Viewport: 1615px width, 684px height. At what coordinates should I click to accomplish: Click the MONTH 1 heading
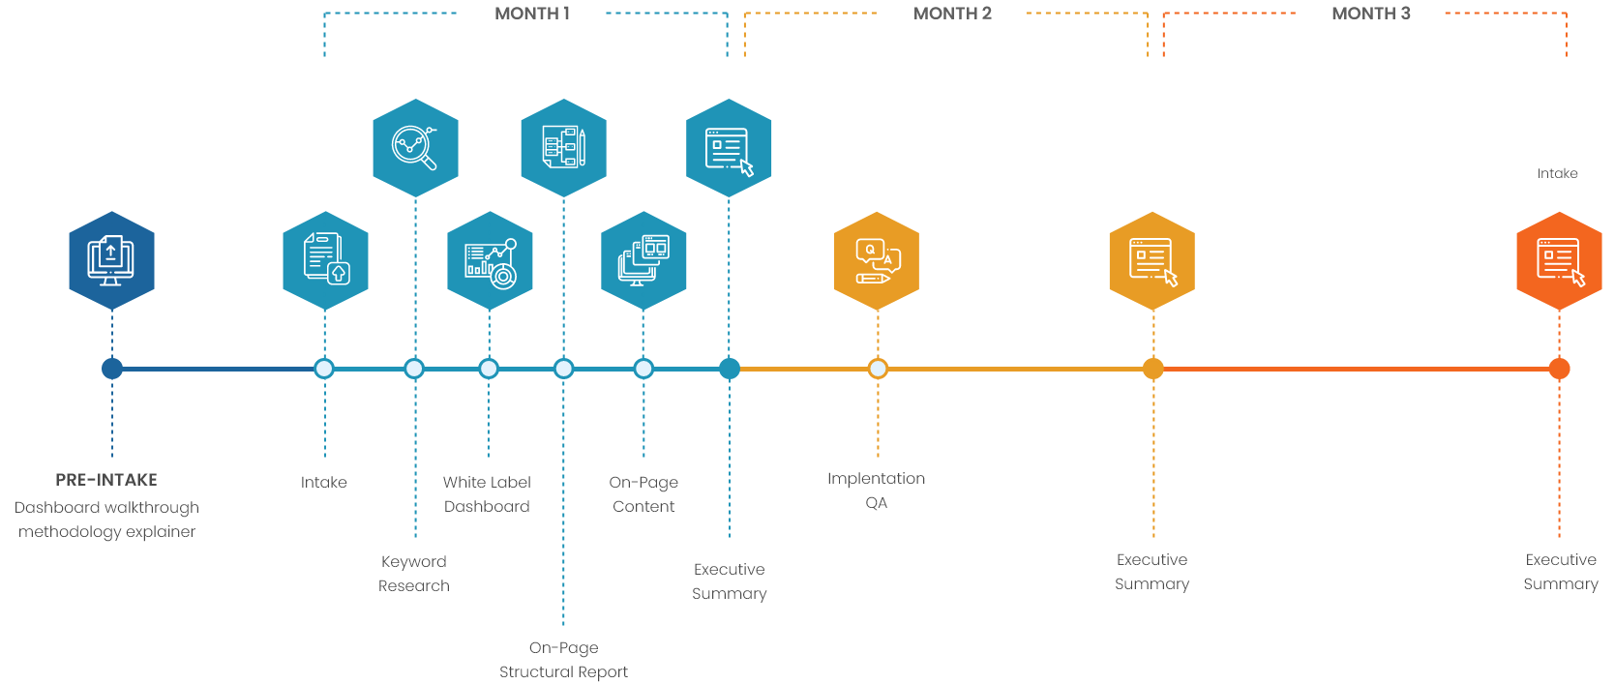pyautogui.click(x=531, y=14)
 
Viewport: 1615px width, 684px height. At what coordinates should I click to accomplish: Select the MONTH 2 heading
pyautogui.click(x=952, y=14)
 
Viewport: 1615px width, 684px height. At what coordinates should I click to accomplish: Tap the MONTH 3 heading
pyautogui.click(x=1370, y=14)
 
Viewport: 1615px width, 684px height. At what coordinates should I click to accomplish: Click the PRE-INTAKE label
pyautogui.click(x=106, y=480)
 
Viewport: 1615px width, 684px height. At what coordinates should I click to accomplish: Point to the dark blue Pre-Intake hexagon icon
pyautogui.click(x=112, y=260)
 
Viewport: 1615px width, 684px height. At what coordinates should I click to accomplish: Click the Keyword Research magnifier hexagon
pyautogui.click(x=415, y=148)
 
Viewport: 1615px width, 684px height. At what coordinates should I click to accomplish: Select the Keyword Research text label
pyautogui.click(x=414, y=574)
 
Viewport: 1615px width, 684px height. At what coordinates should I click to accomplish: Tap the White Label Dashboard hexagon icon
pyautogui.click(x=490, y=261)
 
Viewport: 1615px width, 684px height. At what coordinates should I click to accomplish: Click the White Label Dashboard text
pyautogui.click(x=487, y=494)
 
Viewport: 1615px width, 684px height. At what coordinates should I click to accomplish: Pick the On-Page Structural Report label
pyautogui.click(x=563, y=660)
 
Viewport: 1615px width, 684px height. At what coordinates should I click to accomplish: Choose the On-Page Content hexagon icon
pyautogui.click(x=643, y=261)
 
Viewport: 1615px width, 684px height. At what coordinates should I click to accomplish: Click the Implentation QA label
pyautogui.click(x=876, y=491)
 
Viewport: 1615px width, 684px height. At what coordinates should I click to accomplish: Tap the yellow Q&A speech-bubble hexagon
pyautogui.click(x=877, y=261)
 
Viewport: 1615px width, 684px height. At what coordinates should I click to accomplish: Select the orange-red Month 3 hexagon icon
pyautogui.click(x=1559, y=261)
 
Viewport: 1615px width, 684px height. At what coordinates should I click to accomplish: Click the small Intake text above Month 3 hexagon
pyautogui.click(x=1557, y=173)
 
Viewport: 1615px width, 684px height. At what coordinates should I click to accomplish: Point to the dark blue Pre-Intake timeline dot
pyautogui.click(x=112, y=369)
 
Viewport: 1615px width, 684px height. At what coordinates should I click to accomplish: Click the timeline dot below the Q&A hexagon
pyautogui.click(x=878, y=369)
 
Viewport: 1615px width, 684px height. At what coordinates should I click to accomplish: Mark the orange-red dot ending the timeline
pyautogui.click(x=1559, y=369)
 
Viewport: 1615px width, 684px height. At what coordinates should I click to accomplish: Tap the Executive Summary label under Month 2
pyautogui.click(x=1151, y=572)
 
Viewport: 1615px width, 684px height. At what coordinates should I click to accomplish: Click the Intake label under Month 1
pyautogui.click(x=324, y=482)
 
